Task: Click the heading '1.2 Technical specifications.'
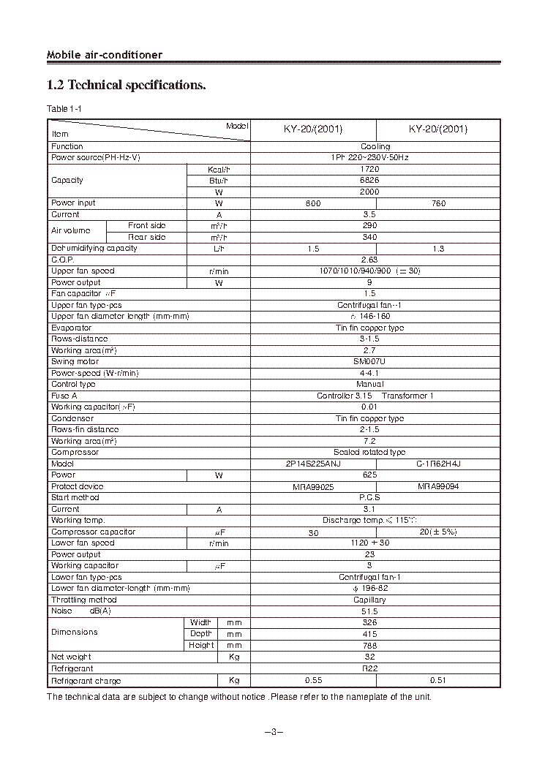(x=126, y=86)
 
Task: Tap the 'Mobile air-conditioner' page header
(x=105, y=55)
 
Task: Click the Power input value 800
(x=313, y=203)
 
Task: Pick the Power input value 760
(x=438, y=203)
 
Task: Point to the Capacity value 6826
(x=369, y=181)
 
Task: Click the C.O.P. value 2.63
(x=369, y=260)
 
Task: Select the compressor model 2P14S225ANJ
(x=313, y=464)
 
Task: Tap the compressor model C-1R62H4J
(x=438, y=464)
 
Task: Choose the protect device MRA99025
(x=313, y=486)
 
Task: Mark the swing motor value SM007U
(x=369, y=362)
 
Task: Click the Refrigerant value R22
(x=369, y=668)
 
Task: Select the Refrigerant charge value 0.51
(x=438, y=680)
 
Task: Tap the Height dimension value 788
(x=369, y=646)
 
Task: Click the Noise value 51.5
(x=369, y=611)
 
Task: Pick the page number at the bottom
(x=272, y=733)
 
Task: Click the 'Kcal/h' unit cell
(x=219, y=169)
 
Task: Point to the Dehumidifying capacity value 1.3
(x=438, y=249)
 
